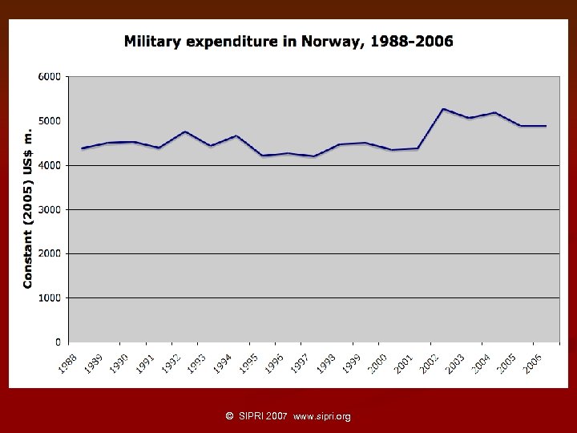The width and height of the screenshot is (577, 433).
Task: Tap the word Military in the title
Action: coord(152,42)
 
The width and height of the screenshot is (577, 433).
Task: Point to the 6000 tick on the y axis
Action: coord(50,76)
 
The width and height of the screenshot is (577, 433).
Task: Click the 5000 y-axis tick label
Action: coord(50,120)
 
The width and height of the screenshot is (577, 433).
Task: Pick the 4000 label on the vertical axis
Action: coord(50,165)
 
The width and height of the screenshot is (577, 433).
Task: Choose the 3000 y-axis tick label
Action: coord(50,209)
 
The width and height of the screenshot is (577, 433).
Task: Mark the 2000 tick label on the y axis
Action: coord(50,253)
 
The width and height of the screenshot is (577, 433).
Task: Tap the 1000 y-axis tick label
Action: coord(50,297)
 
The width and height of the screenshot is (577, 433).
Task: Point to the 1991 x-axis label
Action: coord(144,363)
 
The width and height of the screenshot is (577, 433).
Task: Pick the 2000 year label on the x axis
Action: coord(377,363)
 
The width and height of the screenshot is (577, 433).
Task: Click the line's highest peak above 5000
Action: coord(443,109)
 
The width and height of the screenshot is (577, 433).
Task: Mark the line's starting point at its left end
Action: coord(83,148)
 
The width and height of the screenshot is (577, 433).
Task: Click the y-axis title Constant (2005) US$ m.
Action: coord(27,208)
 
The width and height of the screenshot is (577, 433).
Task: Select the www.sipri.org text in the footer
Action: coord(322,417)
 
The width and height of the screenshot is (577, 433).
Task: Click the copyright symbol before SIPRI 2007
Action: coord(230,417)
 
